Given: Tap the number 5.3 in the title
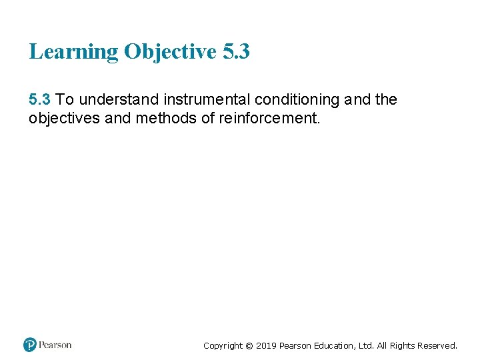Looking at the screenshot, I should (x=236, y=51).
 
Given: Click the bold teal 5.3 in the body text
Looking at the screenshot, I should (x=39, y=100).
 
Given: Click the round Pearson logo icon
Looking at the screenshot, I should (x=29, y=345).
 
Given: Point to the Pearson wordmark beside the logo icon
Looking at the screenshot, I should (x=55, y=345).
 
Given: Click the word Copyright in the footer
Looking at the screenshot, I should (x=223, y=346).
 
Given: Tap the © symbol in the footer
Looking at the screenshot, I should (x=249, y=346).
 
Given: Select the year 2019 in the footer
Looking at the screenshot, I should (x=266, y=346).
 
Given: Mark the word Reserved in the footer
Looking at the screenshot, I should (x=437, y=346).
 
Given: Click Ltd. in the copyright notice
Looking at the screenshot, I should (x=366, y=346).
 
